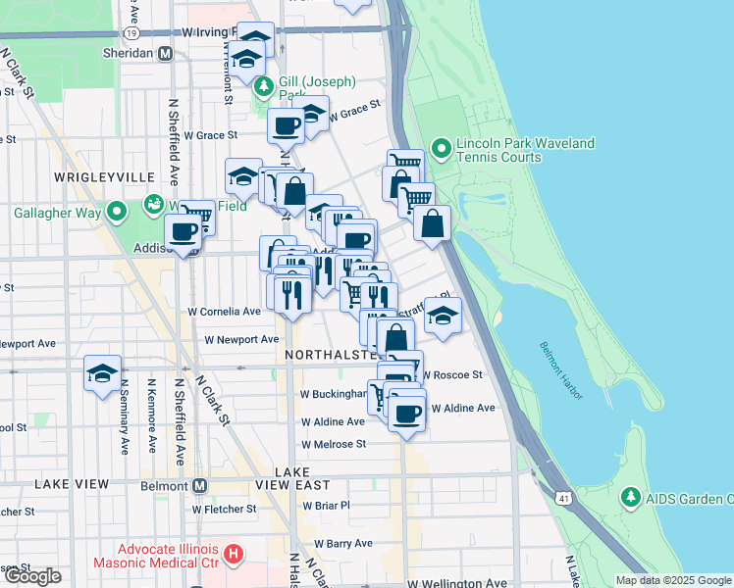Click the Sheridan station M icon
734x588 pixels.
pos(165,54)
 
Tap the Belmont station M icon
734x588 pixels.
pos(199,486)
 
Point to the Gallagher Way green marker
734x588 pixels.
pos(117,212)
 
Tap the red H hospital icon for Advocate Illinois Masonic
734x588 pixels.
pos(234,556)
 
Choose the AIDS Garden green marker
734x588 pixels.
pos(632,499)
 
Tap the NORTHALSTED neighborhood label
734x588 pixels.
pos(329,353)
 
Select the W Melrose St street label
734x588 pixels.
pos(334,444)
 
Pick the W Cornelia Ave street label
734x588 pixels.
pos(225,312)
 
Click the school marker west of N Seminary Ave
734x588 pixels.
pos(102,373)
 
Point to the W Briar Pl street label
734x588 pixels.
pos(327,506)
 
